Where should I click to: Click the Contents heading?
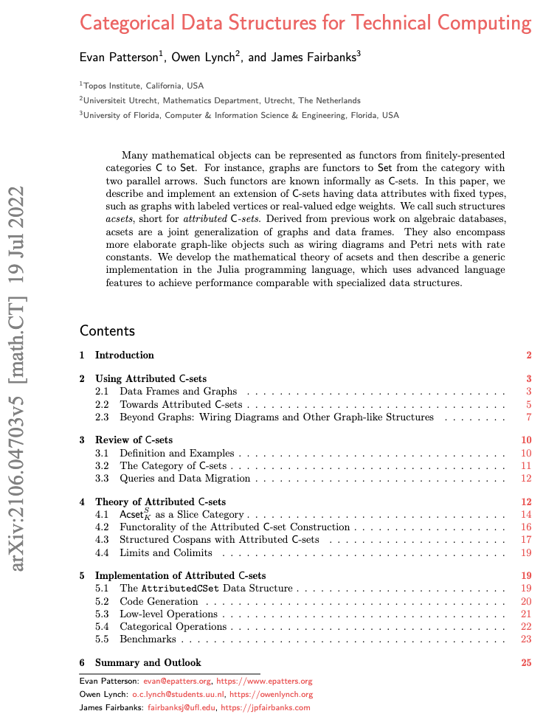pyautogui.click(x=107, y=330)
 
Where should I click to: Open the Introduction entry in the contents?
pyautogui.click(x=124, y=355)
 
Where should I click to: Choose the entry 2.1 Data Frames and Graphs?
pyautogui.click(x=178, y=391)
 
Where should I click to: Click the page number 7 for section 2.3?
pyautogui.click(x=528, y=417)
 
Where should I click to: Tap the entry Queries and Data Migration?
pyautogui.click(x=184, y=479)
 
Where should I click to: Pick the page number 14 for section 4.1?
pyautogui.click(x=526, y=514)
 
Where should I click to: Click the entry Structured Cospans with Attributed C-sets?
pyautogui.click(x=219, y=540)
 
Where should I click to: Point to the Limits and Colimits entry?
pyautogui.click(x=166, y=552)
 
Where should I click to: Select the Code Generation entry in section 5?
pyautogui.click(x=159, y=602)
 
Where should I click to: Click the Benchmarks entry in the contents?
pyautogui.click(x=148, y=639)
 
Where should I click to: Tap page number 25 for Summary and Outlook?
pyautogui.click(x=526, y=662)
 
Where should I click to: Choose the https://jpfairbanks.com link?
pyautogui.click(x=268, y=707)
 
